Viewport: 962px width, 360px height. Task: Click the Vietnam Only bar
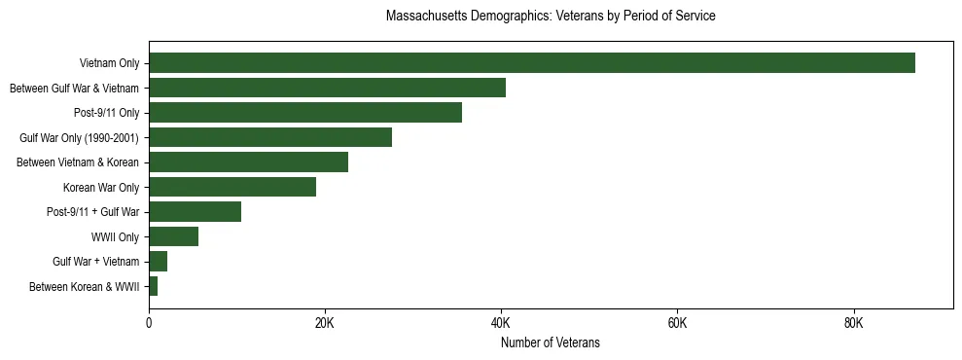coord(531,63)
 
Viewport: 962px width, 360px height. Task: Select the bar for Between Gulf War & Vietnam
coord(327,88)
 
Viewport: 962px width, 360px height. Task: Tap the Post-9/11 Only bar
coord(305,113)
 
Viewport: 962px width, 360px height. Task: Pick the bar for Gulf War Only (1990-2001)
coord(270,137)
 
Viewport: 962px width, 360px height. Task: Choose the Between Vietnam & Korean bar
coord(248,162)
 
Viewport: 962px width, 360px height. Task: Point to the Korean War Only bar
coord(232,187)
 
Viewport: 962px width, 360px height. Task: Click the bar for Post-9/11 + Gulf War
coord(195,212)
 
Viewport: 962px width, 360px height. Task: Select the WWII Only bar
coord(173,236)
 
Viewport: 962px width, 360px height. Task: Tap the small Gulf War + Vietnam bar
coord(158,262)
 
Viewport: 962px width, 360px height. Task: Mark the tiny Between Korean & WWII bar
coord(153,286)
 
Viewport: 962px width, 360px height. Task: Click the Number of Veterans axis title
coord(550,342)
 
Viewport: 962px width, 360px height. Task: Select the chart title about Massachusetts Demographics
coord(550,17)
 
